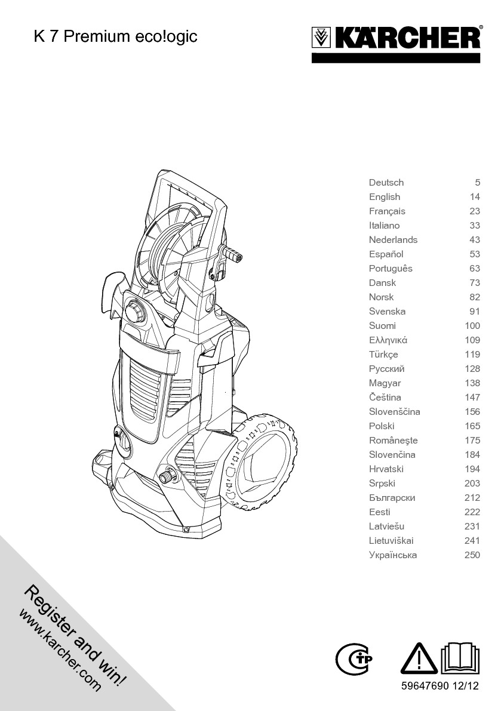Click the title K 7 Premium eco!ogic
[x=115, y=36]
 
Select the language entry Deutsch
[x=386, y=183]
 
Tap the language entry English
[x=385, y=197]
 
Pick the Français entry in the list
[x=387, y=211]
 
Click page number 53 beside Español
[x=474, y=254]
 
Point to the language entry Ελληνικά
[x=388, y=340]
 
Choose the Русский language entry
[x=386, y=369]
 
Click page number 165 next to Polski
[x=472, y=426]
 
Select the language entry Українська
[x=393, y=555]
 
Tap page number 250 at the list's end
[x=472, y=555]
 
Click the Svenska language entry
[x=387, y=312]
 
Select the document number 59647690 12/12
[x=440, y=687]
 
